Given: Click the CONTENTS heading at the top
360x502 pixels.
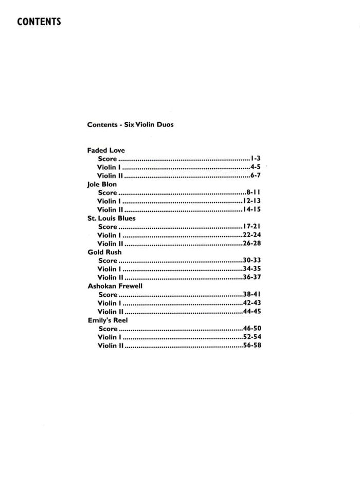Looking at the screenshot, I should click(x=39, y=22).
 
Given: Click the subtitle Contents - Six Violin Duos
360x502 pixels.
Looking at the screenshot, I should click(x=130, y=124).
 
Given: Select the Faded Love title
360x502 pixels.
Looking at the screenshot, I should click(x=106, y=150).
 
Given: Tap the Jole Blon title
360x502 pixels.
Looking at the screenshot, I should click(x=102, y=184).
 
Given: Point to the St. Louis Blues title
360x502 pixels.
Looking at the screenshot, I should click(x=112, y=218).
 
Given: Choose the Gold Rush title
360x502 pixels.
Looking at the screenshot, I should click(x=105, y=252).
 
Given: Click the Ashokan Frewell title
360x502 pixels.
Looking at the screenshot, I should click(x=115, y=286).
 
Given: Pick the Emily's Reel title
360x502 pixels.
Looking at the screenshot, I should click(x=107, y=320).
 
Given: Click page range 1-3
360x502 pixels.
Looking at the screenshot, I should click(x=256, y=159).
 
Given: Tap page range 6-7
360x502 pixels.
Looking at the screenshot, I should click(x=256, y=176).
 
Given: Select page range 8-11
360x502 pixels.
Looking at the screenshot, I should click(x=254, y=193).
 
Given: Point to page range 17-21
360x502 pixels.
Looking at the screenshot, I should click(x=252, y=227).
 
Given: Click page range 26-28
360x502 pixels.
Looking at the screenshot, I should click(x=252, y=244).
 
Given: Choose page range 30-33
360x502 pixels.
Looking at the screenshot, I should click(x=252, y=261).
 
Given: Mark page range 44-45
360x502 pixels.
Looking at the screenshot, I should click(x=252, y=312).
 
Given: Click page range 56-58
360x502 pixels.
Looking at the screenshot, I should click(x=252, y=346).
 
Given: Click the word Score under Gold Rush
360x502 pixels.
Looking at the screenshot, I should click(x=108, y=261).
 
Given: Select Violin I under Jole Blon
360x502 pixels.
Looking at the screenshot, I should click(x=109, y=201).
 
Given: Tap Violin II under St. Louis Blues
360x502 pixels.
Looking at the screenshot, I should click(x=111, y=244).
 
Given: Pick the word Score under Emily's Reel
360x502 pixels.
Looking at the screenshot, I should click(x=108, y=329).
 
